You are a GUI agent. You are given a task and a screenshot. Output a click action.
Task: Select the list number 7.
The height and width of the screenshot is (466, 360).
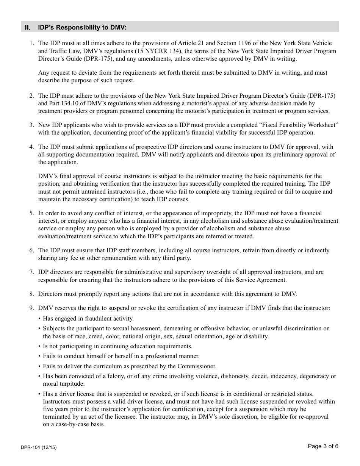pos(32,272)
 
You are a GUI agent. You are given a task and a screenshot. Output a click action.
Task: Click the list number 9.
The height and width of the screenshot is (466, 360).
pos(32,308)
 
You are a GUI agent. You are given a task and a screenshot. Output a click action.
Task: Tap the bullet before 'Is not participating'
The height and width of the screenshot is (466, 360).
pos(39,346)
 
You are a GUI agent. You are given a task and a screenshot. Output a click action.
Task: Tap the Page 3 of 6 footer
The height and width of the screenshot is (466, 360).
pos(323,446)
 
